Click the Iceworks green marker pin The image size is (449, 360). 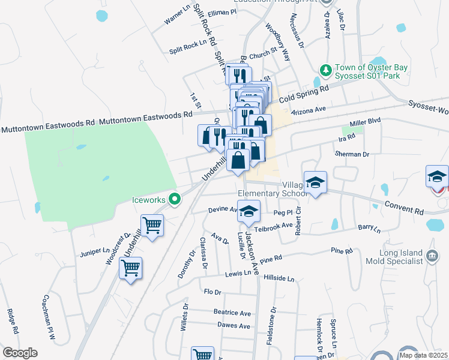tap(175, 199)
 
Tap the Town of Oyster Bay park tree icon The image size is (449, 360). tap(325, 71)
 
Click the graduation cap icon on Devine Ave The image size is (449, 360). tap(249, 210)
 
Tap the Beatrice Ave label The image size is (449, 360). tap(232, 313)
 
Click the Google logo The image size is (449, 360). tap(20, 353)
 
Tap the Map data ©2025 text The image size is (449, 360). tap(424, 355)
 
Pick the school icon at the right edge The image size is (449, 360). tap(437, 176)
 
